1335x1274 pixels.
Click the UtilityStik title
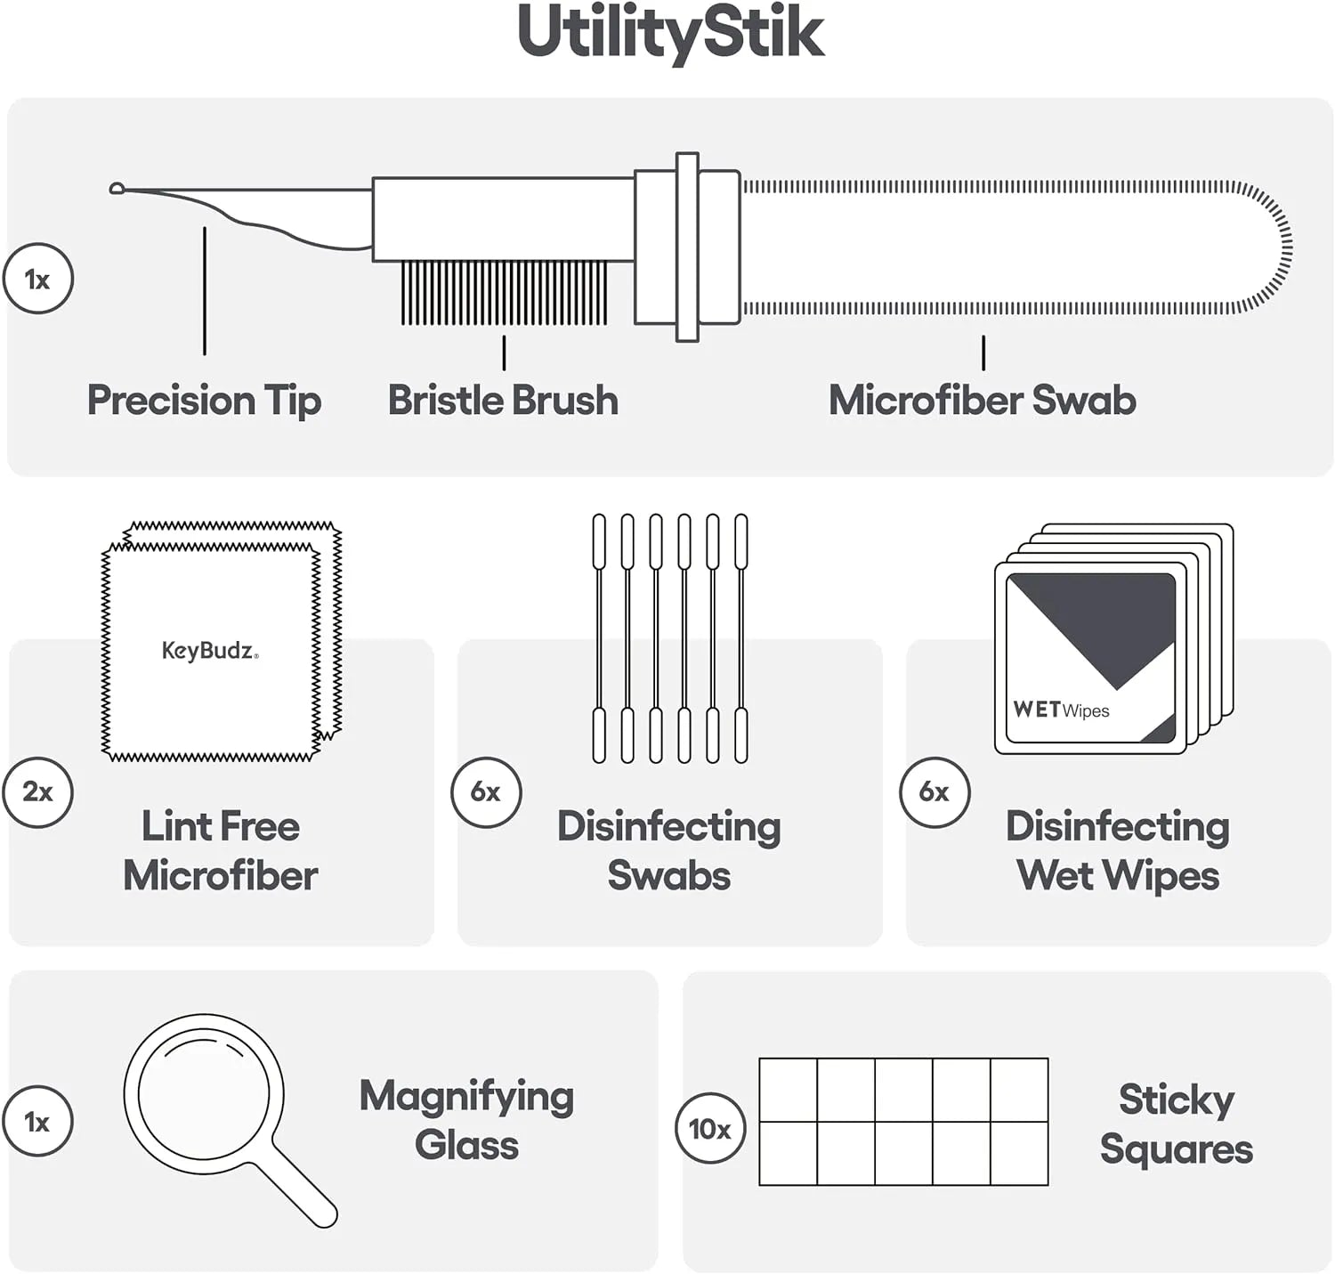(670, 34)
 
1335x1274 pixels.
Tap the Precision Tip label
(204, 401)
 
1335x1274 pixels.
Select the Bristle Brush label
(503, 400)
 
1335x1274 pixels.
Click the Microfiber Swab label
(982, 400)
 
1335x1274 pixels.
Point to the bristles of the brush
(504, 292)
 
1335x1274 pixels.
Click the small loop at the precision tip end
(116, 188)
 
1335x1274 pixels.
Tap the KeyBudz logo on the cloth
(210, 650)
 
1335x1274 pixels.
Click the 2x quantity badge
(38, 791)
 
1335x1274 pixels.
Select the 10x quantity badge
(709, 1129)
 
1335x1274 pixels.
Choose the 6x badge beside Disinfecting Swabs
(486, 791)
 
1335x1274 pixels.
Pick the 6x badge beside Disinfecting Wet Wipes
(934, 791)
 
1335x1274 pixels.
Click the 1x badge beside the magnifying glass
(38, 1121)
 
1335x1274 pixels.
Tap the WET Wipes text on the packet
(1061, 710)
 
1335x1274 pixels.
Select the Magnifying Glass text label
(466, 1121)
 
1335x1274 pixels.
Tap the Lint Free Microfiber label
(221, 850)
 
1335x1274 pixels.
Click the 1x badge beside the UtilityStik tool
(38, 279)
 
